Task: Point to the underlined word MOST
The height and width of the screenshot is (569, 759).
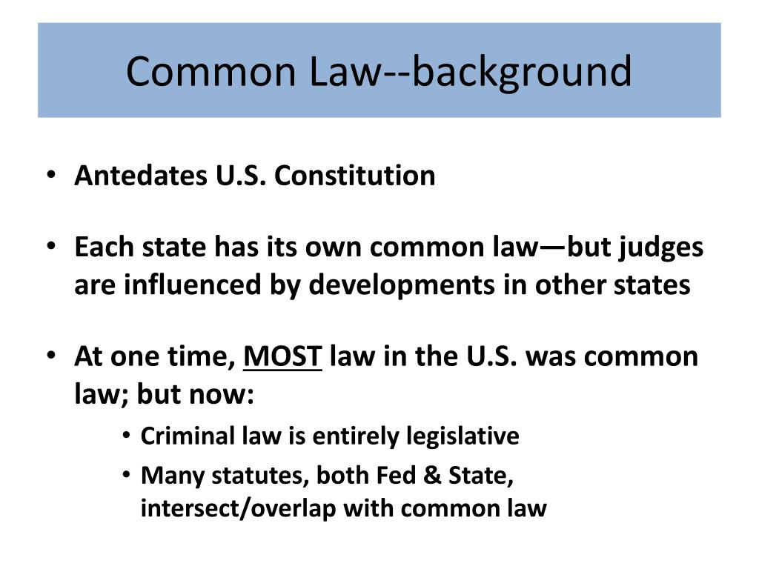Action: pos(283,356)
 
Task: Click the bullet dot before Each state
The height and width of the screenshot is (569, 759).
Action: pos(50,247)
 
